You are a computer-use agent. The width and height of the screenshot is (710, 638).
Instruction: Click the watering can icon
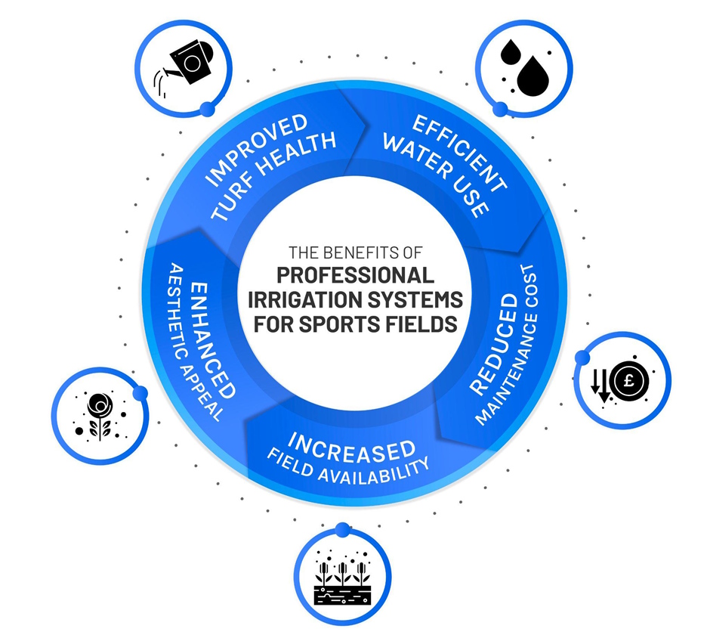click(187, 63)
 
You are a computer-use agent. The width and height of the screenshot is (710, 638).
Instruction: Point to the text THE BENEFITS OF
click(354, 252)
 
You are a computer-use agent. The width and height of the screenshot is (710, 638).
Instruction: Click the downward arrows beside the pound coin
click(601, 382)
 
